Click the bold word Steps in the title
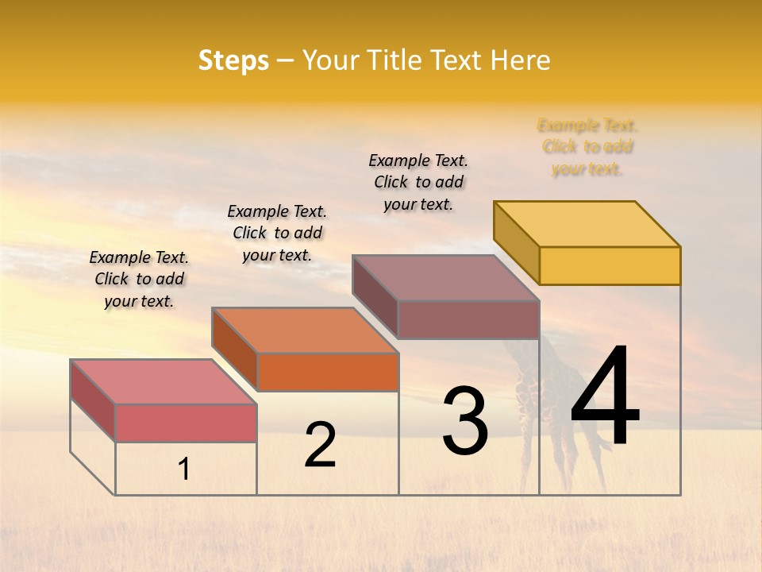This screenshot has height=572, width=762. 233,60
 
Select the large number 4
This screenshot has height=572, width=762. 605,397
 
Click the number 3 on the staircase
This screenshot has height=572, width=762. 465,421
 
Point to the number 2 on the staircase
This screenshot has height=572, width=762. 320,445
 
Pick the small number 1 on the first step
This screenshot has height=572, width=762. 184,470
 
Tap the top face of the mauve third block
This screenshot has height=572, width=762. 446,278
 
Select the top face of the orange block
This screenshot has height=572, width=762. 305,330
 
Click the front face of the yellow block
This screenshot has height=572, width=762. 610,265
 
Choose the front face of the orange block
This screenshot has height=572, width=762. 328,372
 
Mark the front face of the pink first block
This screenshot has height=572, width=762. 186,423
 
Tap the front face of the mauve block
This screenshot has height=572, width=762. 468,319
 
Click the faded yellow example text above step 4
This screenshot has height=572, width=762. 587,147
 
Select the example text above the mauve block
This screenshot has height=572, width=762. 418,182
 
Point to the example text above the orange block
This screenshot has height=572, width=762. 277,233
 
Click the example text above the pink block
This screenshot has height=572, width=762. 139,279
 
